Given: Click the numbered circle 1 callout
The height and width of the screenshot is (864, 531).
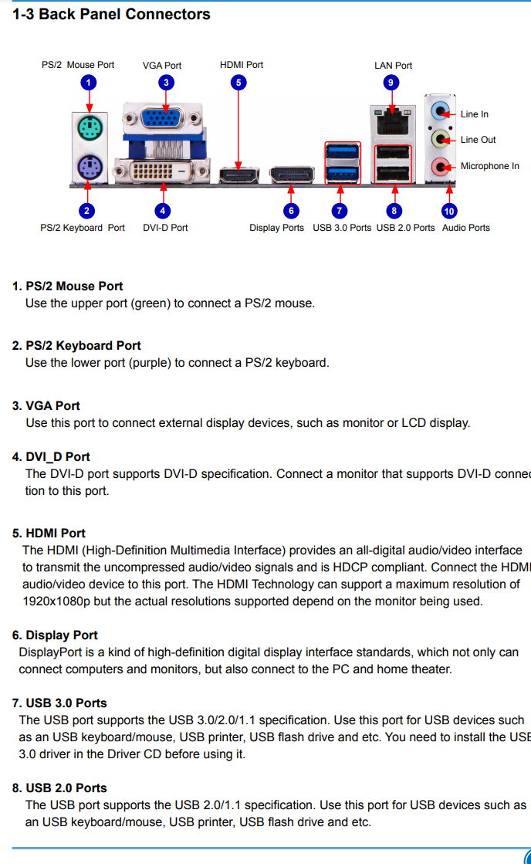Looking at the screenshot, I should [89, 82].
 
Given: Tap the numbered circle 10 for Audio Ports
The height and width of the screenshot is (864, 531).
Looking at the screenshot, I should [449, 210].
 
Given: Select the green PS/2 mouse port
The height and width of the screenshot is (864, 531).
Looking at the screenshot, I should [89, 127].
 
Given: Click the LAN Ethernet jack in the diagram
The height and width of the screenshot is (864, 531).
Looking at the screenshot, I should [393, 120].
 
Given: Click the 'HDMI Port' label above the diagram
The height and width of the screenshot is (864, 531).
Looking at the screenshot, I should [242, 65].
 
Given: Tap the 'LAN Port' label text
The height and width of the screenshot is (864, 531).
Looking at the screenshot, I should [393, 66].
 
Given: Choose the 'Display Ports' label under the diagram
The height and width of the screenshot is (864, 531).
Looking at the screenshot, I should [276, 228].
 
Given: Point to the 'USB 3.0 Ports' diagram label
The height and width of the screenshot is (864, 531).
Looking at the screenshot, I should [342, 228].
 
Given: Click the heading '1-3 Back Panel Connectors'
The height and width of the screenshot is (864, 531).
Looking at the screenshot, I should [111, 14].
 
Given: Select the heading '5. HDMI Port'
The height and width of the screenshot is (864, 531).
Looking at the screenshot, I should [49, 533].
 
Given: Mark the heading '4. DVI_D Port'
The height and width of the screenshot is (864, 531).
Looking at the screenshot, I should [51, 456].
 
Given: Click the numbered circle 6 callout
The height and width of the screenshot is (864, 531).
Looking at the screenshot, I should [290, 210].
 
